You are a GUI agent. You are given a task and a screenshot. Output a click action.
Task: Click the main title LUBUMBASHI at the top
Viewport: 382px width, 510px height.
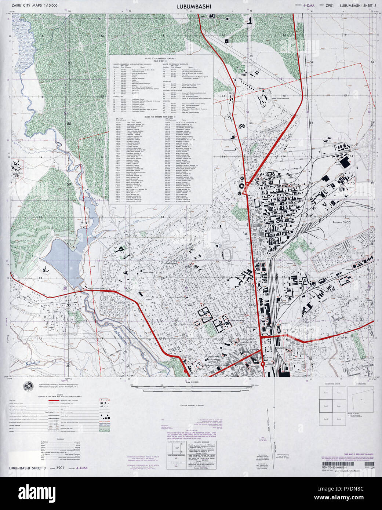click(x=190, y=6)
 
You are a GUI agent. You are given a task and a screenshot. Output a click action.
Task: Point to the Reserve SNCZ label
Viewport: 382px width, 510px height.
click(x=342, y=212)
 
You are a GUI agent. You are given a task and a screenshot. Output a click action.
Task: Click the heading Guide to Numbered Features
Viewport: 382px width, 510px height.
click(x=160, y=59)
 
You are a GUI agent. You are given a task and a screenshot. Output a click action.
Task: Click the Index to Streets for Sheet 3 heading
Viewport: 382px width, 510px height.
click(x=160, y=116)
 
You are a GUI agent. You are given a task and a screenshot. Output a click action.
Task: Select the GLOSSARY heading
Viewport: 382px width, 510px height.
click(x=60, y=439)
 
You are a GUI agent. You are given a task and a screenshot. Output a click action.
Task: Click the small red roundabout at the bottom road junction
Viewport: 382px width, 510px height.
click(x=263, y=364)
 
